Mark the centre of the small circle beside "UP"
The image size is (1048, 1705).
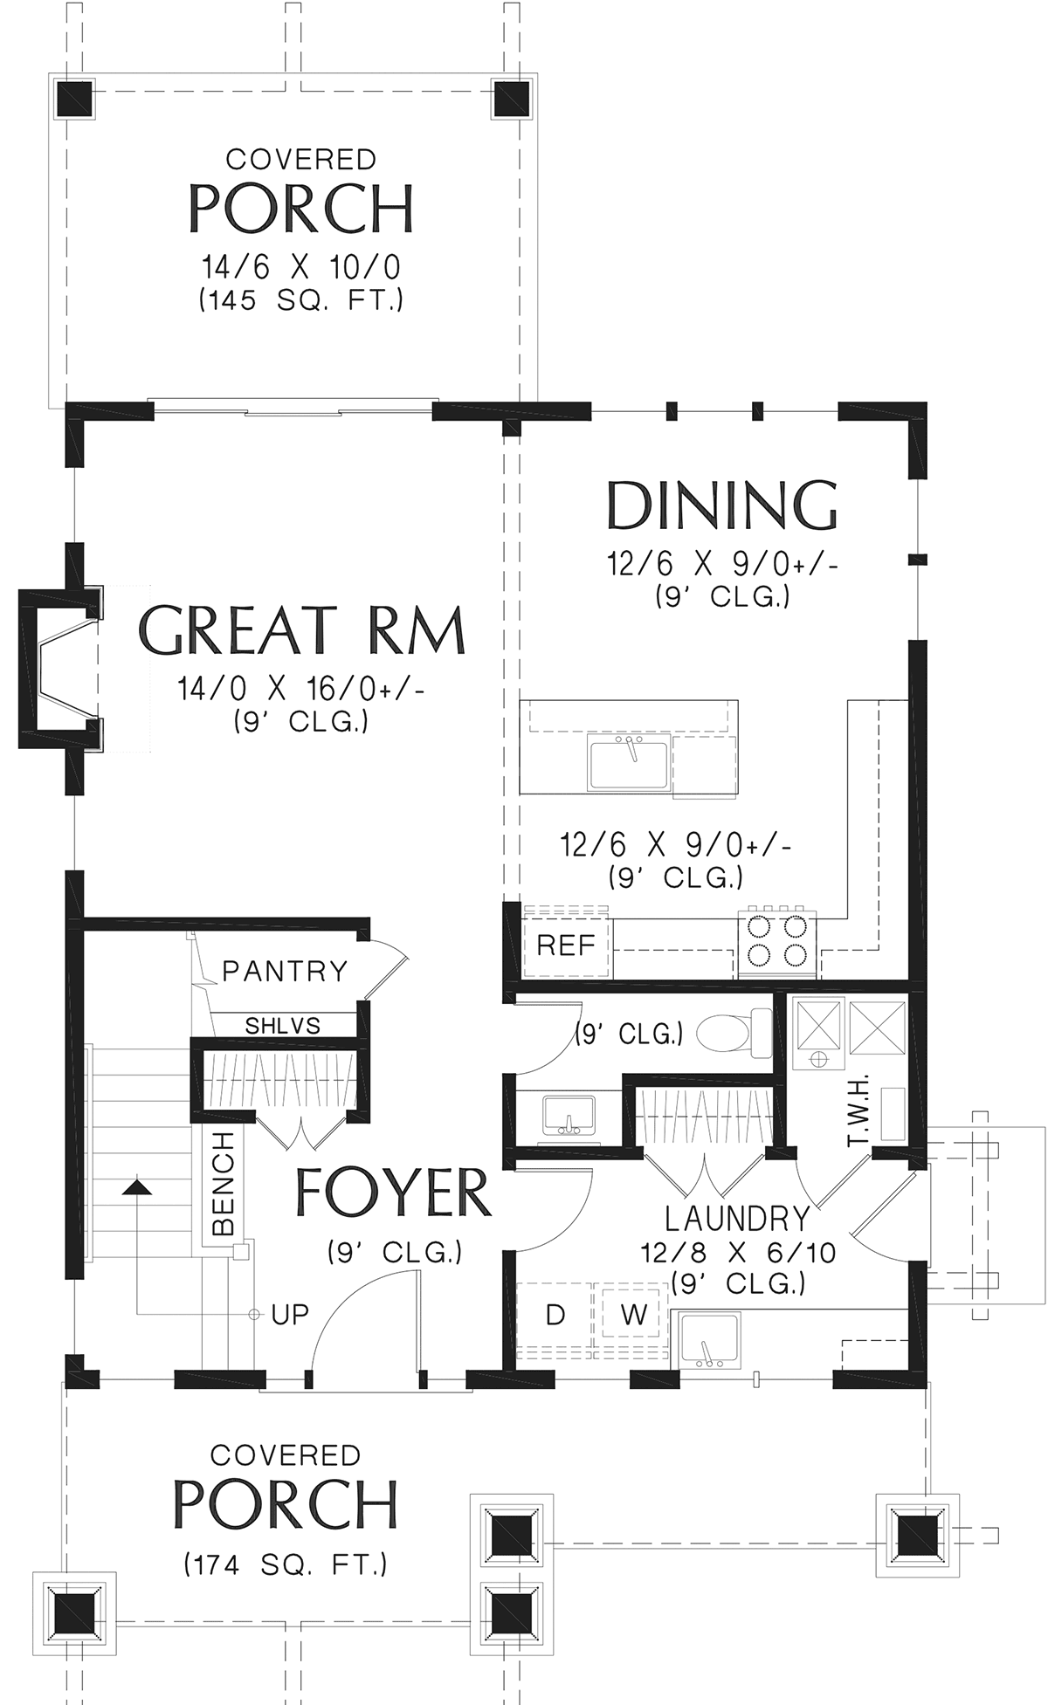[x=255, y=1313]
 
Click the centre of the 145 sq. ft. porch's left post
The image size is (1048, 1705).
[x=74, y=99]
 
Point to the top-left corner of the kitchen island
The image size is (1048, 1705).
[x=521, y=700]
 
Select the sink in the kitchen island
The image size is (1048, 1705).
[x=629, y=763]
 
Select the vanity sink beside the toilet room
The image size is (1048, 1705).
[x=569, y=1117]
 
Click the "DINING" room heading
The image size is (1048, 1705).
[x=722, y=505]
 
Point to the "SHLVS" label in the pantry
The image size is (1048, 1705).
[x=282, y=1025]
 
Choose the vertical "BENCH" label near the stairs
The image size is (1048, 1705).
[x=224, y=1183]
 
